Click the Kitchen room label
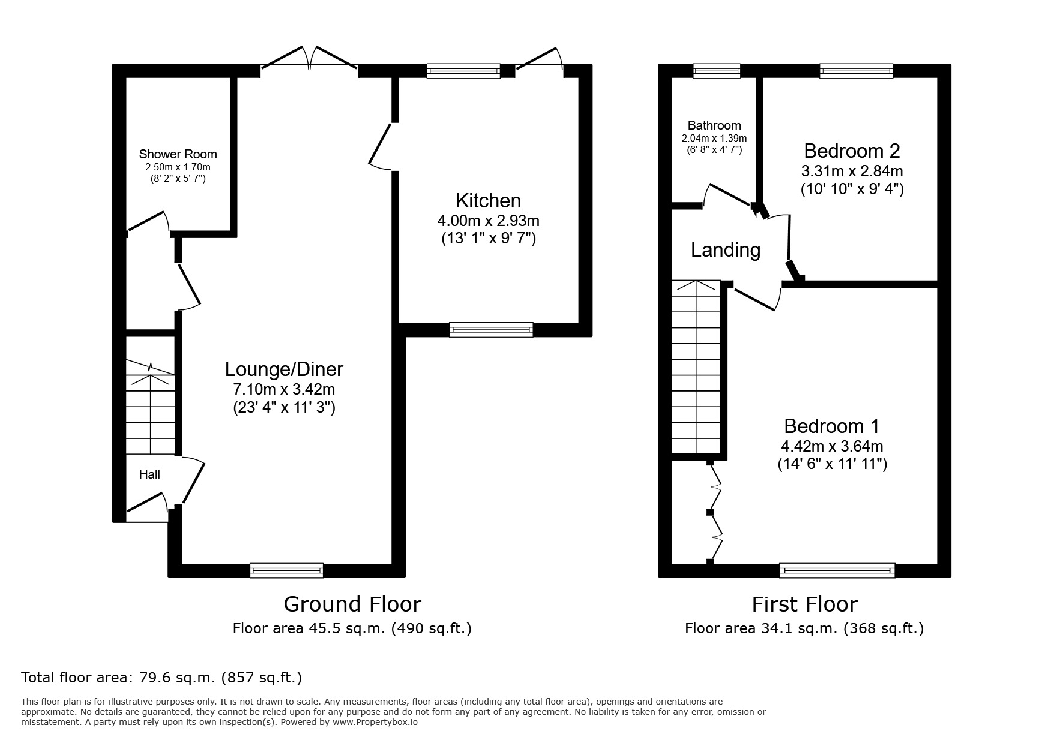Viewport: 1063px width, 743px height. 488,200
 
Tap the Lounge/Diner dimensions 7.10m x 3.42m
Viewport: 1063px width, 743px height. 283,389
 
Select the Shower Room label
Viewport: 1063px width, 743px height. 178,154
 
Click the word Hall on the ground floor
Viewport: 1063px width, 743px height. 149,474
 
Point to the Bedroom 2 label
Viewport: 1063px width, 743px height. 852,150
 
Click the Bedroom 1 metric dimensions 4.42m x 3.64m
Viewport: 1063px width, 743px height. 831,446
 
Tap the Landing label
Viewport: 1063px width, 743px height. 725,249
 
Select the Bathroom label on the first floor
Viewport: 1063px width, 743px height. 714,125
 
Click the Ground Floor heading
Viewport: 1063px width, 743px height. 352,604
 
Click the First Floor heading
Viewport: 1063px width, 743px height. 804,604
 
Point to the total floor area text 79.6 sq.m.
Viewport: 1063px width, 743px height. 161,678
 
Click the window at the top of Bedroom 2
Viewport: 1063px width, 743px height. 856,71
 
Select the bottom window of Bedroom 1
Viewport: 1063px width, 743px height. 837,570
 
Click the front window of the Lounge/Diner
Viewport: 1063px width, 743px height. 286,570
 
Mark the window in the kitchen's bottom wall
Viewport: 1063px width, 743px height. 490,329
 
